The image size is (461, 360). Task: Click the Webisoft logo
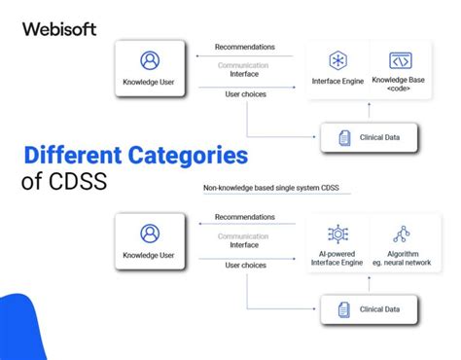[x=59, y=28]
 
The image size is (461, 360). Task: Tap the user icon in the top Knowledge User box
[x=150, y=60]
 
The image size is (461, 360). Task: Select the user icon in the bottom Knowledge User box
[x=150, y=234]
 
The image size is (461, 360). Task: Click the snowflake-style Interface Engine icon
[x=338, y=60]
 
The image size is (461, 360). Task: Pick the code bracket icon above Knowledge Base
[x=399, y=60]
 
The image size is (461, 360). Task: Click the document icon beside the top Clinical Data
[x=344, y=138]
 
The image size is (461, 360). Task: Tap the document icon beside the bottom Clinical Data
[x=344, y=309]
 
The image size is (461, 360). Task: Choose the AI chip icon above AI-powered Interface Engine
[x=338, y=234]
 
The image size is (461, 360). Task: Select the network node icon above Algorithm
[x=400, y=234]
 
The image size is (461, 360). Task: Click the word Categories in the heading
[x=186, y=155]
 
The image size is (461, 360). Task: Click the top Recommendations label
[x=244, y=47]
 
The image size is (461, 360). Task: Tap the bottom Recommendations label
[x=244, y=218]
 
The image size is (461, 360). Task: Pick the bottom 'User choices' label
[x=244, y=265]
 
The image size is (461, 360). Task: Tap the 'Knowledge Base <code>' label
[x=399, y=86]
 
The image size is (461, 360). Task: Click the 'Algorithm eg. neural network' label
[x=400, y=259]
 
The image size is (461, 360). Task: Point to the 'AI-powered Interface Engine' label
[x=338, y=259]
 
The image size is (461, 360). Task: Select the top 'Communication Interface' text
[x=244, y=69]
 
